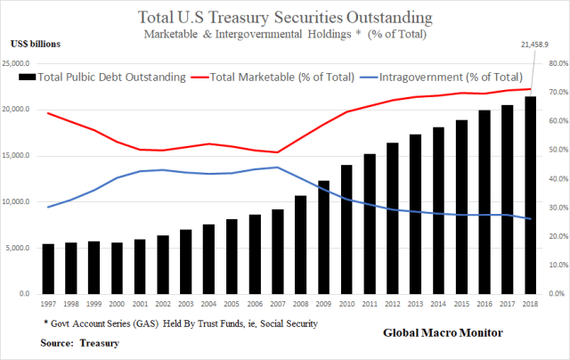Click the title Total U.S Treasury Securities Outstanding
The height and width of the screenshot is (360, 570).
pyautogui.click(x=284, y=17)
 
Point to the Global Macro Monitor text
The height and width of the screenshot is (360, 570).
pyautogui.click(x=443, y=332)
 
